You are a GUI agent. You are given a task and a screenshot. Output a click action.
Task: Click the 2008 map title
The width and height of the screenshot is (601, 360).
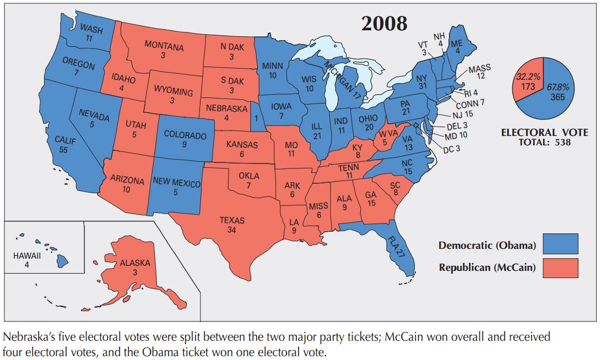click(x=384, y=23)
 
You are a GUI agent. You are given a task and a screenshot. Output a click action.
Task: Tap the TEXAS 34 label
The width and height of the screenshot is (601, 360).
click(x=232, y=225)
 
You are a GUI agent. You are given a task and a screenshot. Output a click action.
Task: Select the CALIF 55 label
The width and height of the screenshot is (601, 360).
click(x=64, y=145)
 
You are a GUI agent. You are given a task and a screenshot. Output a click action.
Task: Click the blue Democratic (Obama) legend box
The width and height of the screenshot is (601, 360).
click(x=560, y=244)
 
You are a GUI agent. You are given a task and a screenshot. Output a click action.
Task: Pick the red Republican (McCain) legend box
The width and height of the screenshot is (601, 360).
click(x=560, y=268)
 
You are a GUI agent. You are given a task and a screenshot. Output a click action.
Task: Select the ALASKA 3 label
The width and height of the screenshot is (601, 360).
click(x=134, y=268)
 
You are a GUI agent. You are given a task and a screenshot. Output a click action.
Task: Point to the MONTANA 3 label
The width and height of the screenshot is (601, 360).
click(x=164, y=51)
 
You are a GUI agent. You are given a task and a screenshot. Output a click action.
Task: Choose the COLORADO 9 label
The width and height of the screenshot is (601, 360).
click(x=185, y=139)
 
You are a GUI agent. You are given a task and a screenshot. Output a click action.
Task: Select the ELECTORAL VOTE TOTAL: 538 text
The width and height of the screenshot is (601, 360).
click(x=544, y=137)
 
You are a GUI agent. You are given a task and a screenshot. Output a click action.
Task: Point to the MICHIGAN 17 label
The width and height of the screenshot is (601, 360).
click(x=343, y=80)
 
